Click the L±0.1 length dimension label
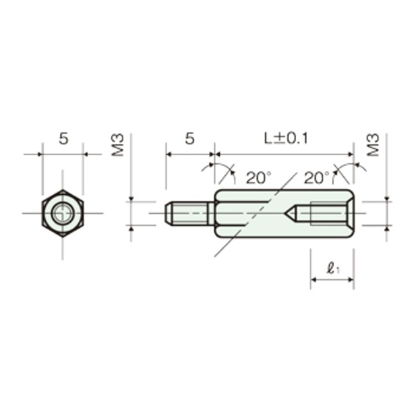click(x=286, y=139)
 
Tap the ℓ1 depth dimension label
click(x=333, y=269)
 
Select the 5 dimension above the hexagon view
click(x=63, y=139)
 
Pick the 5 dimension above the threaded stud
click(x=190, y=139)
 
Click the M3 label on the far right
click(x=373, y=145)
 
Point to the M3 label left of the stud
click(x=117, y=145)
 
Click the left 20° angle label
click(x=258, y=178)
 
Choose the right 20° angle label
click(x=317, y=178)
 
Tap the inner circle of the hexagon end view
click(x=62, y=213)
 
